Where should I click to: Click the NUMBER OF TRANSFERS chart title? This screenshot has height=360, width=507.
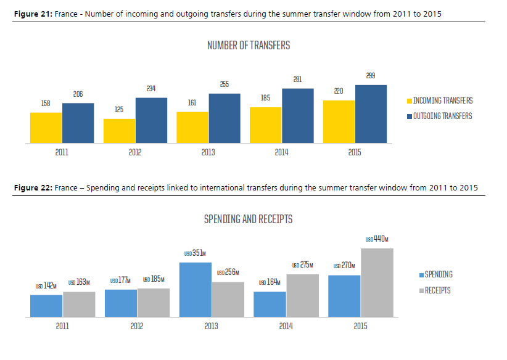[249, 45]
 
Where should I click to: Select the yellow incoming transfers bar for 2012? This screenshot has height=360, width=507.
[120, 131]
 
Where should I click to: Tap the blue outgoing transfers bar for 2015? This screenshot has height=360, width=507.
[371, 114]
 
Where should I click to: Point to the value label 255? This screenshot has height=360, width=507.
[224, 84]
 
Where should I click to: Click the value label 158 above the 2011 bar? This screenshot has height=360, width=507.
[46, 104]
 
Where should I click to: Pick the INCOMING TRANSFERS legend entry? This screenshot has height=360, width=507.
[442, 100]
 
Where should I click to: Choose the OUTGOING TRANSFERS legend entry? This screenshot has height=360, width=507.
[442, 115]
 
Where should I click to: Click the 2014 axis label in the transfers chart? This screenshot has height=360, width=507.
[281, 152]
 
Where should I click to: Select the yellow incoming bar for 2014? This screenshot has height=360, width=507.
[266, 125]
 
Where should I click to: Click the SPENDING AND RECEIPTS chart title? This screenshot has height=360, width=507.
[248, 219]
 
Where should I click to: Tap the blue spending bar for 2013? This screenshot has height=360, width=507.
[195, 290]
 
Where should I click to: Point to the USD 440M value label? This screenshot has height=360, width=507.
[377, 239]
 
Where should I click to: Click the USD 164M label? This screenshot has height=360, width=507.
[269, 282]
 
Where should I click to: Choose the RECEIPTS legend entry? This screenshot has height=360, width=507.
[437, 290]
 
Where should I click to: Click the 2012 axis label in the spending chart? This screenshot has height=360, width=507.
[137, 326]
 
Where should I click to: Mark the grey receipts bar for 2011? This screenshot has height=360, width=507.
[79, 304]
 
